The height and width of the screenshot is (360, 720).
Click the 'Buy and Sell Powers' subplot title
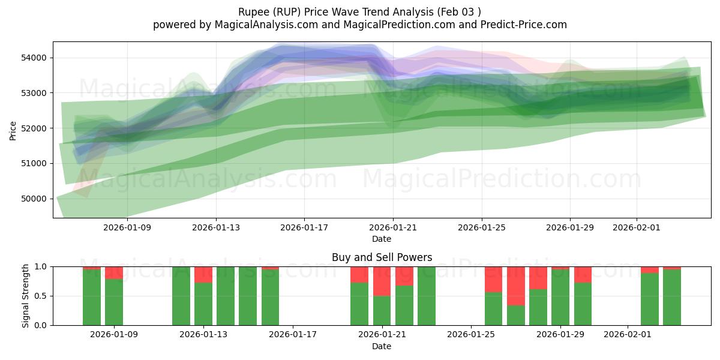click(382, 257)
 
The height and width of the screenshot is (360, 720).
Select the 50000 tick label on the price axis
click(35, 199)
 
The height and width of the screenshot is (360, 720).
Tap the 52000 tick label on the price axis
click(35, 128)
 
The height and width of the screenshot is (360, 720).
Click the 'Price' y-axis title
click(13, 130)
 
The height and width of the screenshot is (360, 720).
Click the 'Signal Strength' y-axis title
click(26, 296)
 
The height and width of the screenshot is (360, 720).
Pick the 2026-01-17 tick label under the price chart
click(304, 227)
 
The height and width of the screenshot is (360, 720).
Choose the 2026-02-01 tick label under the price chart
click(637, 227)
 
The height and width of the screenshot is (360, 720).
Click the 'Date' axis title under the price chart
click(382, 239)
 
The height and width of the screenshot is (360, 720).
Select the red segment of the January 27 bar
click(516, 286)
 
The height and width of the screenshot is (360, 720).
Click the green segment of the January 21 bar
click(382, 310)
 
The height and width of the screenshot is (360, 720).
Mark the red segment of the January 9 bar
click(114, 273)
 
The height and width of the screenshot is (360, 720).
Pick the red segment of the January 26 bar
click(493, 279)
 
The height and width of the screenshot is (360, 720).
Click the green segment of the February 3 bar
click(672, 297)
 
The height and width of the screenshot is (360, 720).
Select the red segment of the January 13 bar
click(203, 275)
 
